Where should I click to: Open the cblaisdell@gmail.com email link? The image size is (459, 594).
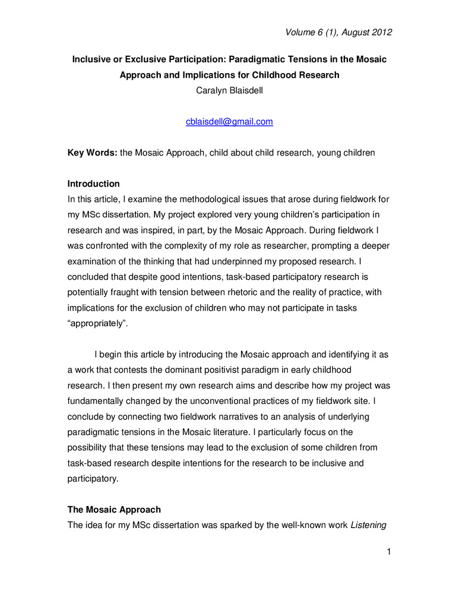pos(229,122)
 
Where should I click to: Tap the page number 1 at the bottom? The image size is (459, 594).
pos(388,553)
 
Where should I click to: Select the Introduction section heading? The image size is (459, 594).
pos(93,184)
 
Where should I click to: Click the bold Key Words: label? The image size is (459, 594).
pos(92,153)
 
